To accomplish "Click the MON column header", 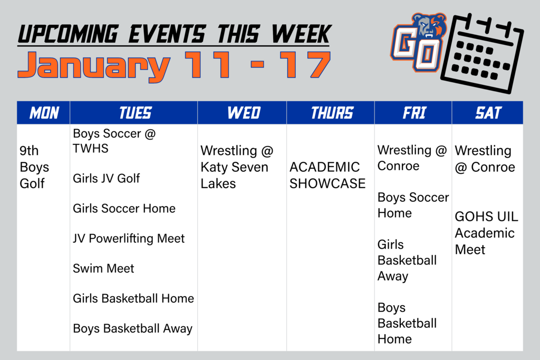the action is tap(44, 113).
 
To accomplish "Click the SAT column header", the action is tap(488, 113).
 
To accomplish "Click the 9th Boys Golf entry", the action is tap(34, 167).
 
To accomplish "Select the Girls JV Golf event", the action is tap(107, 178).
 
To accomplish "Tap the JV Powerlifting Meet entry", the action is tap(129, 238).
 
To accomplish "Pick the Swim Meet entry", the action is tap(103, 268).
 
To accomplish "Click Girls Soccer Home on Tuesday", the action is tap(124, 208).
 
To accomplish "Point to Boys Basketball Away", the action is tap(132, 328).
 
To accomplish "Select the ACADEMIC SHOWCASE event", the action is tap(327, 175).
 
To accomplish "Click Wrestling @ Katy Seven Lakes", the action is tap(237, 167).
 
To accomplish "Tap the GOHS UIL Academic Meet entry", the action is tap(486, 232).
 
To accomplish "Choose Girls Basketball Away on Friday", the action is tap(407, 260).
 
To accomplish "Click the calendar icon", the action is tap(482, 53).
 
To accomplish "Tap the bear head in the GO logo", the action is tap(429, 26).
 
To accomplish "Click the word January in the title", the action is tap(94, 66).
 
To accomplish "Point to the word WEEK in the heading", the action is tap(301, 34).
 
